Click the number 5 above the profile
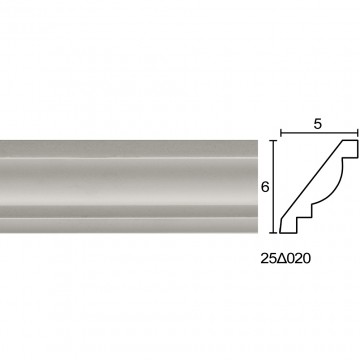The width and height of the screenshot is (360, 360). pyautogui.click(x=318, y=124)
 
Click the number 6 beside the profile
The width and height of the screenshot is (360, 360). pyautogui.click(x=265, y=187)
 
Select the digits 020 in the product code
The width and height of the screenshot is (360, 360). pyautogui.click(x=298, y=259)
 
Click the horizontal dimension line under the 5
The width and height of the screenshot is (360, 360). pyautogui.click(x=319, y=133)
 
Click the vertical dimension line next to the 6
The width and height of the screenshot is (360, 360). pyautogui.click(x=274, y=186)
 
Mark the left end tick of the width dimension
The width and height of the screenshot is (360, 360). pyautogui.click(x=281, y=133)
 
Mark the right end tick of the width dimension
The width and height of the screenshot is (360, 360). pyautogui.click(x=357, y=133)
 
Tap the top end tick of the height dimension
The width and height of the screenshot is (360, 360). pyautogui.click(x=274, y=141)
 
